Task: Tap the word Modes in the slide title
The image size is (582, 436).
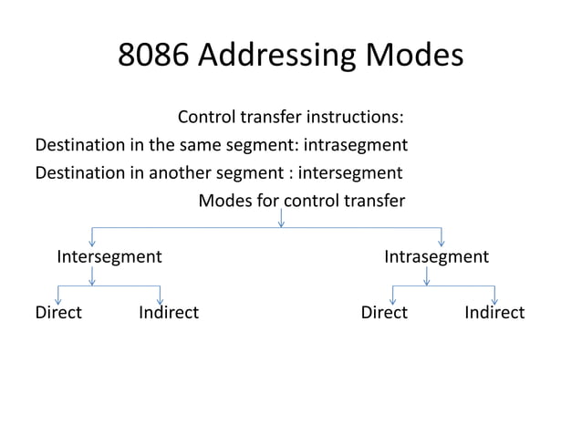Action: pos(414,57)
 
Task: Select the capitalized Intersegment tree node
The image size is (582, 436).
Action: pos(109,256)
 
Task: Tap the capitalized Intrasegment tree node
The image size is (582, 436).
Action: pos(436,256)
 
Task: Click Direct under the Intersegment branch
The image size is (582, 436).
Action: pos(58,313)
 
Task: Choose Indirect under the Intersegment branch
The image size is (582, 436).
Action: pos(169,313)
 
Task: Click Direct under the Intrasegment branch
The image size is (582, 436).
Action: pos(384,313)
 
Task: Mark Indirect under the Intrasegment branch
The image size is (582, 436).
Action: pos(494,313)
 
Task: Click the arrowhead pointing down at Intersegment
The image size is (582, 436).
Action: pos(91,242)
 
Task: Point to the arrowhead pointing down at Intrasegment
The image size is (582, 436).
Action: pos(442,242)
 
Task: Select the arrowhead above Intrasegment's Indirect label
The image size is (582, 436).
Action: pos(495,299)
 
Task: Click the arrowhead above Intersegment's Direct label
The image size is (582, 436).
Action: pos(58,299)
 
